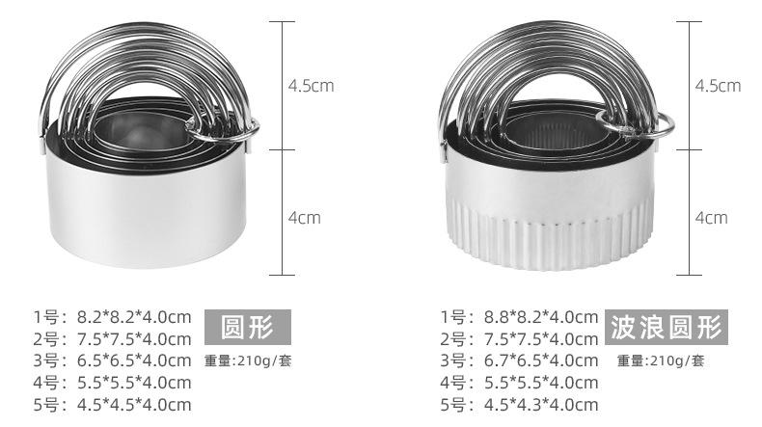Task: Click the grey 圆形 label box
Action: [248, 327]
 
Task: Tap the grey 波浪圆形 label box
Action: [667, 327]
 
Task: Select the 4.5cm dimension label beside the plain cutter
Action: [311, 86]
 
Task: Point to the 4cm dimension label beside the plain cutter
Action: [305, 218]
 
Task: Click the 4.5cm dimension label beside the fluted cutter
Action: [718, 86]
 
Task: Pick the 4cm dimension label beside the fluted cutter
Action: [712, 218]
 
